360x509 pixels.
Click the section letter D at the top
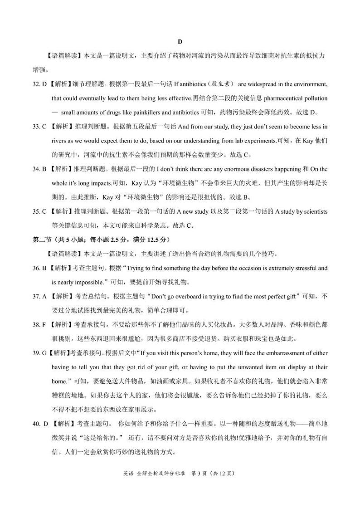(180, 42)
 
